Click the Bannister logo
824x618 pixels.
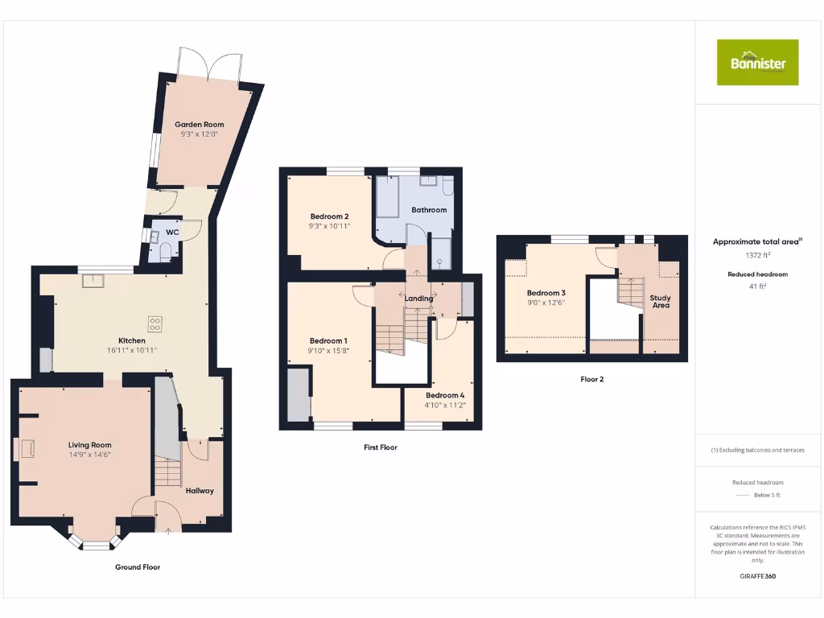click(757, 62)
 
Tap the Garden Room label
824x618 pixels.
click(200, 125)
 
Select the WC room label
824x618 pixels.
click(172, 233)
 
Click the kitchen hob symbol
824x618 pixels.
click(154, 324)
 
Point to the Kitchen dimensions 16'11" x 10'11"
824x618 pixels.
click(132, 351)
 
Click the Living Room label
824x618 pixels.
click(89, 445)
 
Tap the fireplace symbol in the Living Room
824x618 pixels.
click(28, 448)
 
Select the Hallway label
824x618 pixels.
click(200, 490)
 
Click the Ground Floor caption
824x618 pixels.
click(138, 567)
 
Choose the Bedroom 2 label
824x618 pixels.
click(329, 216)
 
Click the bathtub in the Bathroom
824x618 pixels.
click(388, 196)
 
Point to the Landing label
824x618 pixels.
click(418, 299)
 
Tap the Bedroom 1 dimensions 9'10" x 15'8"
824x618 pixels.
click(328, 351)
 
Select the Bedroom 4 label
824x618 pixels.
click(445, 395)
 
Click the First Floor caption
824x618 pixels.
click(381, 447)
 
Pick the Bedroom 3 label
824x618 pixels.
click(546, 293)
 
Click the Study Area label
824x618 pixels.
click(661, 302)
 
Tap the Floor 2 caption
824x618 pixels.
click(591, 379)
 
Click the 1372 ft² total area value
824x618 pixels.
click(757, 255)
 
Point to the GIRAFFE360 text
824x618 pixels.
click(757, 576)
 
